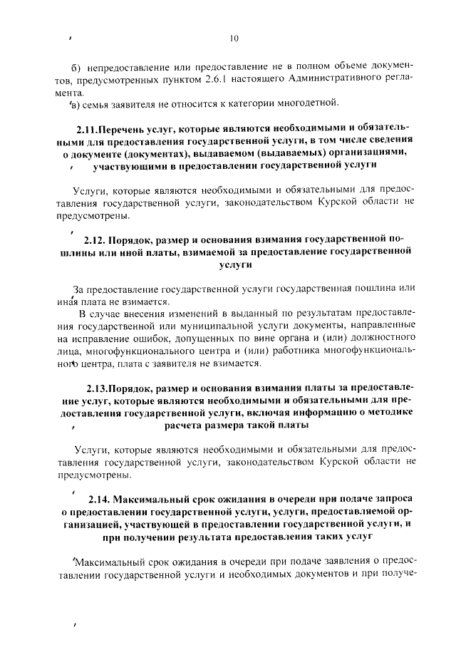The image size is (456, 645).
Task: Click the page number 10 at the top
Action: tap(234, 38)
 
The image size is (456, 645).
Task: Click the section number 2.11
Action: tap(88, 130)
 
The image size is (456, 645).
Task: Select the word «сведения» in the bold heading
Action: tap(389, 141)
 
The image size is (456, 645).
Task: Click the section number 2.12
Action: tap(95, 239)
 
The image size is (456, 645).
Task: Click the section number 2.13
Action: tap(98, 389)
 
